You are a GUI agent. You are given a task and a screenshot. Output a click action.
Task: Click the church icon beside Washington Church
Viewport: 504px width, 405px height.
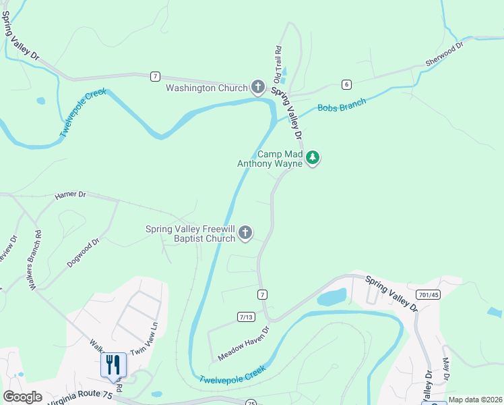[257, 87]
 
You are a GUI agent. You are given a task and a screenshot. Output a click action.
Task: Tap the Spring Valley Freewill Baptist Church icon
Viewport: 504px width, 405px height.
[245, 234]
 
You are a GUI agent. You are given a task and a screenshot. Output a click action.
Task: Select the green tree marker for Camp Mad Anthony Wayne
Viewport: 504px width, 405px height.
[312, 158]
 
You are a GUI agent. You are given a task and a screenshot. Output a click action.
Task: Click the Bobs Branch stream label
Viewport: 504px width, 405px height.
[342, 105]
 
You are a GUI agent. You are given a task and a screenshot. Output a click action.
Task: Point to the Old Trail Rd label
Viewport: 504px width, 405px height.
[277, 62]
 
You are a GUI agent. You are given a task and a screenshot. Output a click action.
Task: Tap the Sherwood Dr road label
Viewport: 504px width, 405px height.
[445, 55]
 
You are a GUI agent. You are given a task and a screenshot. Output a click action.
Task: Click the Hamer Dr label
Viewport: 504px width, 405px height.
[70, 195]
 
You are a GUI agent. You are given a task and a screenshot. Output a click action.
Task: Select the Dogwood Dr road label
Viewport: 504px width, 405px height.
[84, 253]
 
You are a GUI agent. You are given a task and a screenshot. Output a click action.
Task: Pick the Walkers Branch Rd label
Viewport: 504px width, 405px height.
[34, 261]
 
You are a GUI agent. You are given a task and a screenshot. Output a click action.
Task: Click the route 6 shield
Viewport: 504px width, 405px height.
[346, 84]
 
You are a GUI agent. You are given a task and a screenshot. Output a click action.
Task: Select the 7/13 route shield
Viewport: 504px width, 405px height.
[247, 317]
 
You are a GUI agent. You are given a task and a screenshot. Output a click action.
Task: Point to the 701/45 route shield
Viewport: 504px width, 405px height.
[427, 294]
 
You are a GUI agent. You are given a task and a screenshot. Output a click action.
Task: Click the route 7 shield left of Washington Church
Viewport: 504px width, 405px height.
[156, 76]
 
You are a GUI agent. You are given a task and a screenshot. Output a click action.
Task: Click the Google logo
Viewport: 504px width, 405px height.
[22, 397]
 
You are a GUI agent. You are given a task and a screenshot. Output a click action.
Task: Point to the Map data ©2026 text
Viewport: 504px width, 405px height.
[474, 400]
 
